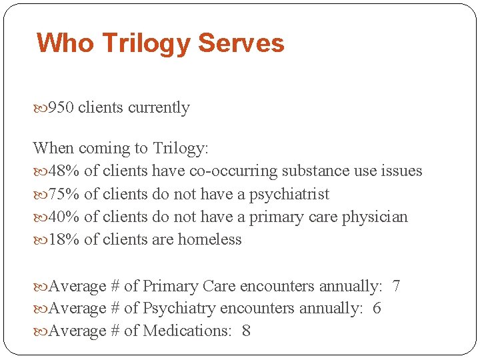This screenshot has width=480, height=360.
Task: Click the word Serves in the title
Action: pos(241,43)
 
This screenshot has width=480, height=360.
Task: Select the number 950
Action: pos(61,108)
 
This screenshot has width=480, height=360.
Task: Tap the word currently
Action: pos(159,108)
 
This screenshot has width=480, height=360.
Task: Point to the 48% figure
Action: pos(64,171)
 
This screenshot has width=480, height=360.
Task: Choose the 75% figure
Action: pos(64,195)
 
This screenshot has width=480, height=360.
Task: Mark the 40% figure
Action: pos(64,217)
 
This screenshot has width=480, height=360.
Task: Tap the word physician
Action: pos(375,217)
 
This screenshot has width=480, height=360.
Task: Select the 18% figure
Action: pos(64,240)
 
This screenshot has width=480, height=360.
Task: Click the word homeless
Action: pos(209,240)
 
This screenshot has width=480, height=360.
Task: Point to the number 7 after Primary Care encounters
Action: pos(396,287)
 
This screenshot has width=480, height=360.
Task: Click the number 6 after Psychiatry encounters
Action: pos(377,309)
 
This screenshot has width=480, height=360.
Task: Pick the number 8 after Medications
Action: pos(246,331)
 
